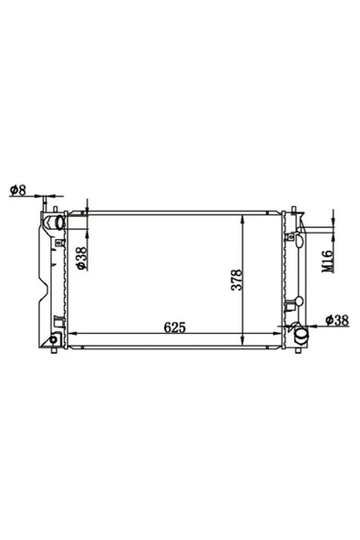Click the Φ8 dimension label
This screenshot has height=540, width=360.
click(18, 190)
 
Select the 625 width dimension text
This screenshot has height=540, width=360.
click(175, 327)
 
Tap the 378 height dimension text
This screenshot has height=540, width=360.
click(237, 280)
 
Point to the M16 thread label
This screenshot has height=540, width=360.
click(327, 262)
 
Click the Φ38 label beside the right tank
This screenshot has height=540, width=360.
click(337, 320)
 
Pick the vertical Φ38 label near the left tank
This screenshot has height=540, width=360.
click(81, 258)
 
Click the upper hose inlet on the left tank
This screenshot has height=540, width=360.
click(59, 223)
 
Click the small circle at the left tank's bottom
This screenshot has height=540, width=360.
click(54, 339)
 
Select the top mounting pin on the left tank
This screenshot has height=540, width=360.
click(55, 209)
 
